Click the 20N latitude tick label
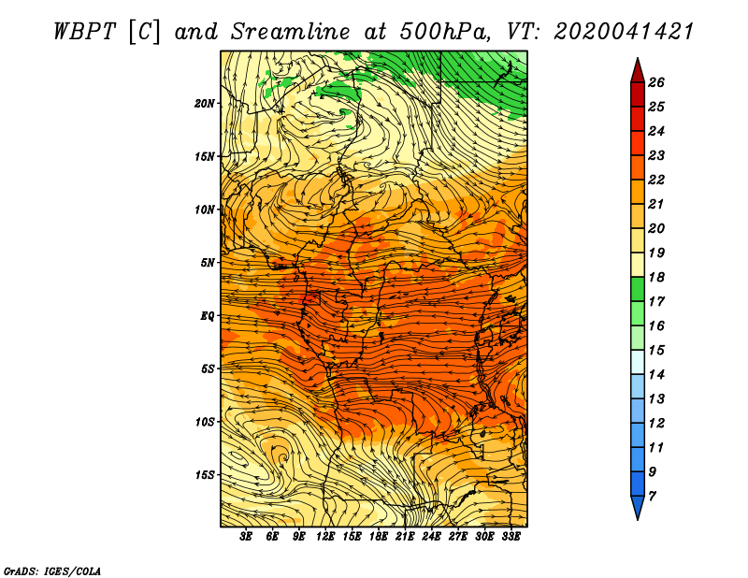204,103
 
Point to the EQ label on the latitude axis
207,315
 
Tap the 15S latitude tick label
204,475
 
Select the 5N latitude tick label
207,263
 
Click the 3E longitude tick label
246,537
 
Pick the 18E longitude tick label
379,537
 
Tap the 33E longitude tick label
511,537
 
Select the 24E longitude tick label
431,537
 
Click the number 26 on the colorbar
656,82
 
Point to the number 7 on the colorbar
652,497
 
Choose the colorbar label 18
656,277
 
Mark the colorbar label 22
656,180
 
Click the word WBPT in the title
84,32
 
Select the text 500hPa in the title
445,32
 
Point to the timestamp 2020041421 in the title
624,32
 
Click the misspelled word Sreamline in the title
291,32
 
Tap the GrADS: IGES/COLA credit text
52,571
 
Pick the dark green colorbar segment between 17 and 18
638,289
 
